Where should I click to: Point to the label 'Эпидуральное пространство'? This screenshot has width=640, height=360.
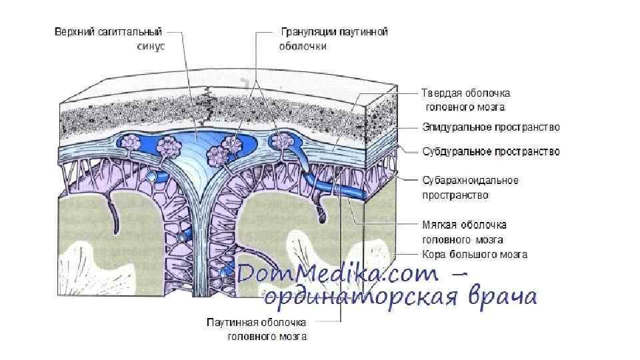pos(491,127)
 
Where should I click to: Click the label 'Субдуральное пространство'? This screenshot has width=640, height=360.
pos(491,152)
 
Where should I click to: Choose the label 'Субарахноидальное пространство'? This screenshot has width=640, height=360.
pos(469,187)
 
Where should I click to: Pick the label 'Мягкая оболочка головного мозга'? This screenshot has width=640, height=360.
pos(465,232)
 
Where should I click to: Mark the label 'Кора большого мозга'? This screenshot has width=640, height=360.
pos(475,254)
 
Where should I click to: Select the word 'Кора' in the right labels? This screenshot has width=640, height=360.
pos(433,254)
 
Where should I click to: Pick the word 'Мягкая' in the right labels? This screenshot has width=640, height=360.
pos(440,225)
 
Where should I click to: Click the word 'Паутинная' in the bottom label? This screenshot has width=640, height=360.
pos(229,323)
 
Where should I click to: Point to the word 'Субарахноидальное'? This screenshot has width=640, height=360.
pos(469,180)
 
